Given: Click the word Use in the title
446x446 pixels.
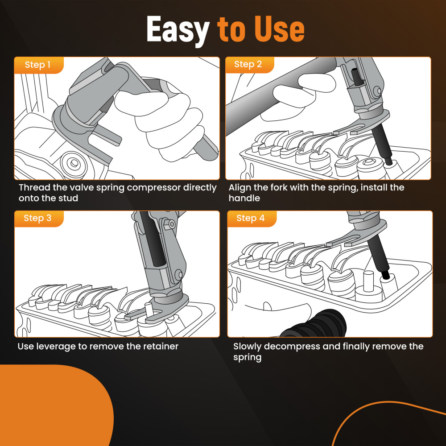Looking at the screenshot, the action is [279, 29].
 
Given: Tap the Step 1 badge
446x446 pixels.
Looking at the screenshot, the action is [39, 65].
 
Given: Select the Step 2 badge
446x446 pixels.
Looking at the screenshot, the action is [249, 65].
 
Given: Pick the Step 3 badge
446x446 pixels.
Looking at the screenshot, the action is [39, 219].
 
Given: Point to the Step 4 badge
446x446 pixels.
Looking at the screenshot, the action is [252, 219].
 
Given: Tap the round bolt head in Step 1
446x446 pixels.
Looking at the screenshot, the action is [74, 164].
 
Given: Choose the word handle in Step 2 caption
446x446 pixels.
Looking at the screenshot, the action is [244, 198].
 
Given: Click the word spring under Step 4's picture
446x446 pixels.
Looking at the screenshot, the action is [247, 358].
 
